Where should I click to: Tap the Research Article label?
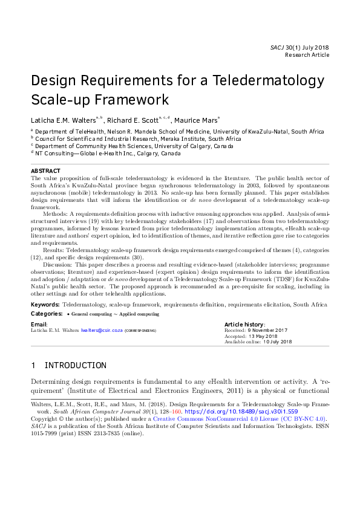[x=307, y=54]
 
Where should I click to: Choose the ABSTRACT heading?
[x=45, y=171]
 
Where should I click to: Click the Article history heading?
[x=244, y=325]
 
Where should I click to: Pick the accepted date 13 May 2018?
[x=260, y=336]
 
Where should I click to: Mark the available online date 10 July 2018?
[x=277, y=342]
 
